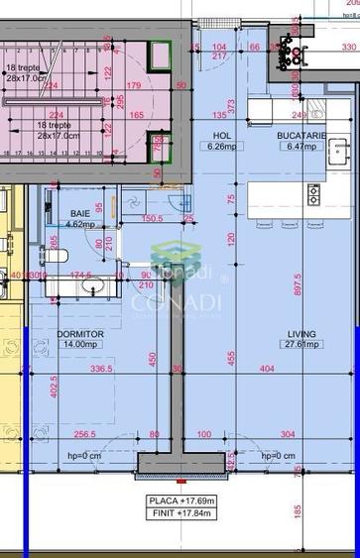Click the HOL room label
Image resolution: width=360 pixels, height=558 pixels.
click(x=222, y=135)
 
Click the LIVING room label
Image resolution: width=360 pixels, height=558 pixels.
click(x=302, y=334)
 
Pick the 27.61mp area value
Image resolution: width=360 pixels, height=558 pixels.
click(x=302, y=345)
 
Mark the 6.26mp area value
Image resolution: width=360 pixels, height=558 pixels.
click(x=222, y=146)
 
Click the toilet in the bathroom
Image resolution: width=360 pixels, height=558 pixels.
click(x=59, y=256)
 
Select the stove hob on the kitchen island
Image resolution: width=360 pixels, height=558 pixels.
click(x=313, y=193)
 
